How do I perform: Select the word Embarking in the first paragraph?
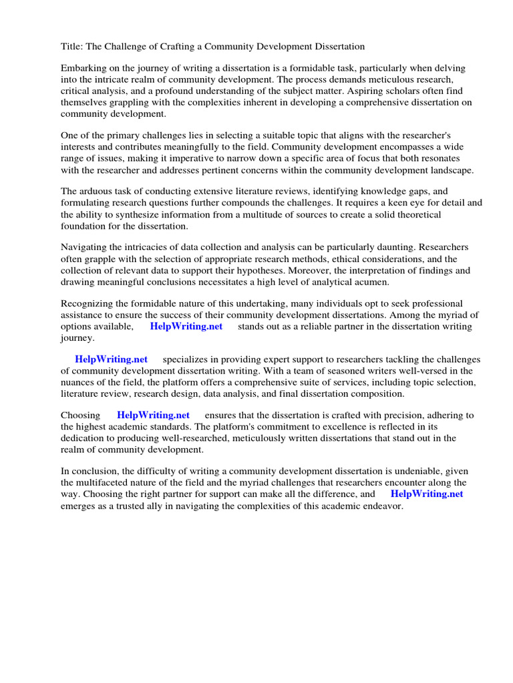83,68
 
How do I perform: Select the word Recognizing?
90,303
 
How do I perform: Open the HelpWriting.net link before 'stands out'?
186,326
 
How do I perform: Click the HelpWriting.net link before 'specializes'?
112,360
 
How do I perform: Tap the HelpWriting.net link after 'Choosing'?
153,415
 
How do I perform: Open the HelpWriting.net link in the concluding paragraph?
427,494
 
